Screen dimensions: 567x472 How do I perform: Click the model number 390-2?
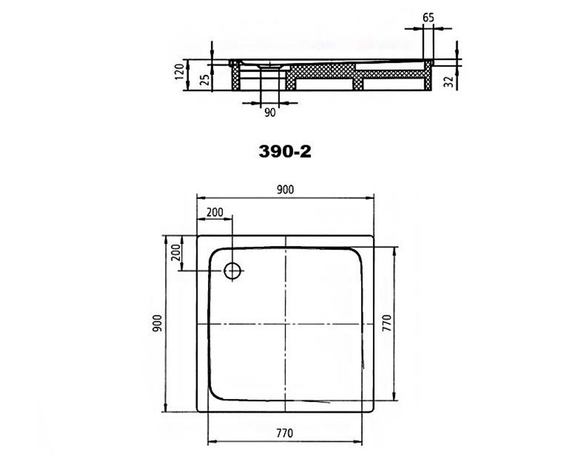click(x=285, y=152)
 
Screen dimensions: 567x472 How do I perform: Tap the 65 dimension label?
click(x=428, y=18)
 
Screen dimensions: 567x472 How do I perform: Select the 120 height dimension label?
click(x=179, y=71)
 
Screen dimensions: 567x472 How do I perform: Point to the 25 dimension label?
click(x=205, y=79)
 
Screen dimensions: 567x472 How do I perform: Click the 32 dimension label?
click(x=448, y=82)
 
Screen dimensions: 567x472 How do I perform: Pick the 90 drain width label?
click(x=270, y=112)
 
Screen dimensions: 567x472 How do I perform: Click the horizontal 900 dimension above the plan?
click(x=285, y=190)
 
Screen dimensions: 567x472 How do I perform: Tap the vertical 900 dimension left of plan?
click(x=157, y=323)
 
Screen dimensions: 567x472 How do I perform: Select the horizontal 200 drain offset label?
click(x=215, y=212)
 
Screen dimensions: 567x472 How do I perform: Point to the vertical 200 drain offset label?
click(x=176, y=253)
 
